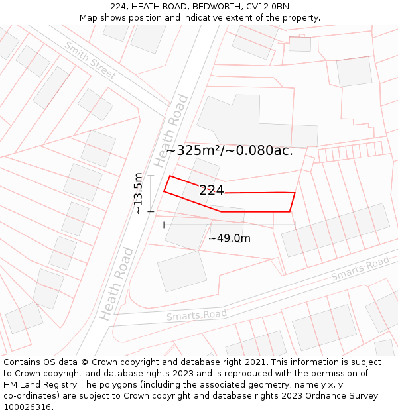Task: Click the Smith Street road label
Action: [x=90, y=60]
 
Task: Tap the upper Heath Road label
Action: [x=171, y=131]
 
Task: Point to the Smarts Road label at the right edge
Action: [x=360, y=268]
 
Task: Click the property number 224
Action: [x=212, y=191]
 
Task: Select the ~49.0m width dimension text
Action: [x=230, y=238]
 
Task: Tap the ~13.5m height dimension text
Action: [x=138, y=193]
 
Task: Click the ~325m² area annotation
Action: [x=230, y=150]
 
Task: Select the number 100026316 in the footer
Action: [x=28, y=407]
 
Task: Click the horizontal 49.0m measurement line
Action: [x=230, y=225]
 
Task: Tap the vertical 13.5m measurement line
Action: [x=151, y=193]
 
